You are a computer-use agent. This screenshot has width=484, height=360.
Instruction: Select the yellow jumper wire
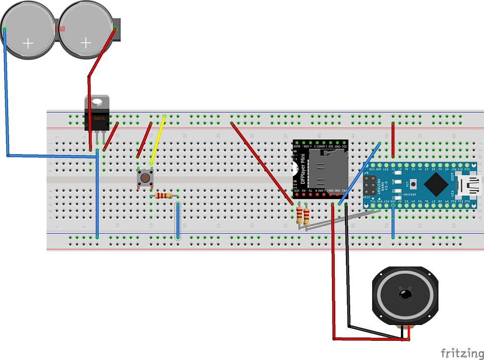point(158,140)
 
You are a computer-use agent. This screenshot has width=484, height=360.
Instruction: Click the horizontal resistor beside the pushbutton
point(164,195)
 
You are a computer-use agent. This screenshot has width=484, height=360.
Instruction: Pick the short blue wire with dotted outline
point(178,221)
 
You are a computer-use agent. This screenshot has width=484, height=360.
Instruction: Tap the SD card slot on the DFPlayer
point(326,168)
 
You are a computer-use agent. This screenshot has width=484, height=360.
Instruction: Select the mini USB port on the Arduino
point(467,184)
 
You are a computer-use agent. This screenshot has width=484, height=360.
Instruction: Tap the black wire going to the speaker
point(348,269)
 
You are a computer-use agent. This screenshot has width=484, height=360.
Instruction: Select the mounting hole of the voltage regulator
point(97,102)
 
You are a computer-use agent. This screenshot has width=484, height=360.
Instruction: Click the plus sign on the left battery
point(28,44)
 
